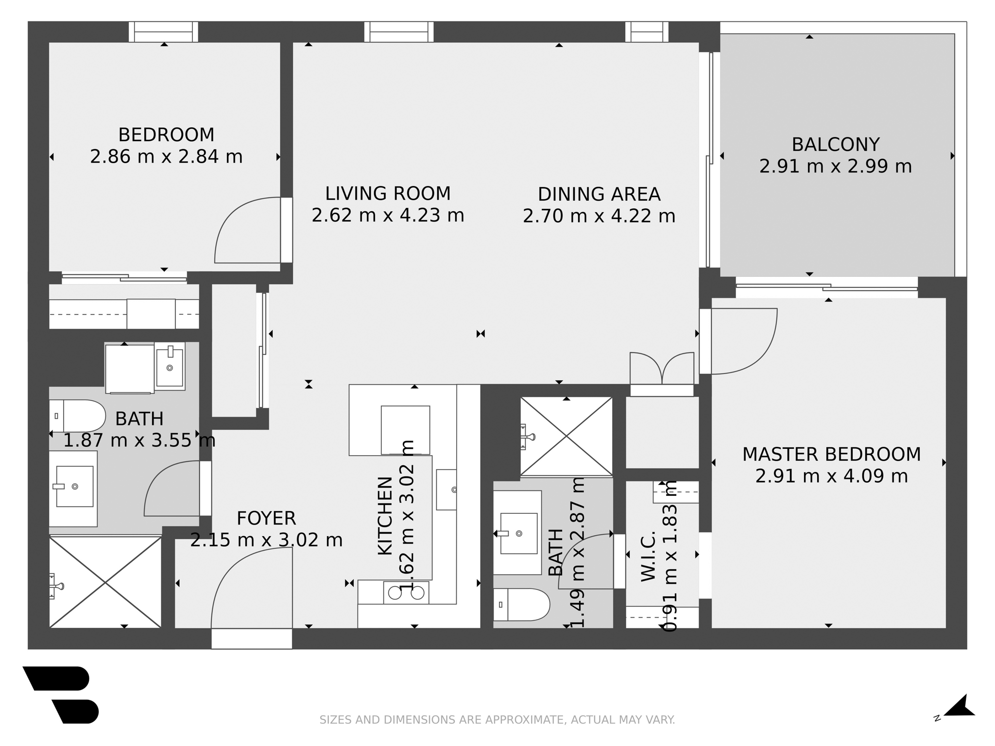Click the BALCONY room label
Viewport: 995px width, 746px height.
point(835,145)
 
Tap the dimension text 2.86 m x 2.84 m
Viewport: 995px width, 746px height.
point(166,157)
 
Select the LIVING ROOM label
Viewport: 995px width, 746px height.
point(388,194)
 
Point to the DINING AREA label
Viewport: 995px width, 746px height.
point(599,194)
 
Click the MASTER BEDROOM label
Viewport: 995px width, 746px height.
point(831,455)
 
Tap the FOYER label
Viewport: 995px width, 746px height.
point(266,519)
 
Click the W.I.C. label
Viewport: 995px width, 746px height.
point(649,557)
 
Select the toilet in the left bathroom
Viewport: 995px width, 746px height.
point(78,416)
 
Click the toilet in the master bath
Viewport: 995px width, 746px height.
point(521,605)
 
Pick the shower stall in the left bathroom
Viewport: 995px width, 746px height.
point(105,582)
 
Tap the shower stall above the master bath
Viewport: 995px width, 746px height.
point(566,436)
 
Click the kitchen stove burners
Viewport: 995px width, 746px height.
point(406,593)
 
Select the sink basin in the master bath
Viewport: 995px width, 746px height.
point(518,533)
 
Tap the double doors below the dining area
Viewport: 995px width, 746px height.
point(662,368)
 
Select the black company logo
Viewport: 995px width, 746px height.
point(61,695)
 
